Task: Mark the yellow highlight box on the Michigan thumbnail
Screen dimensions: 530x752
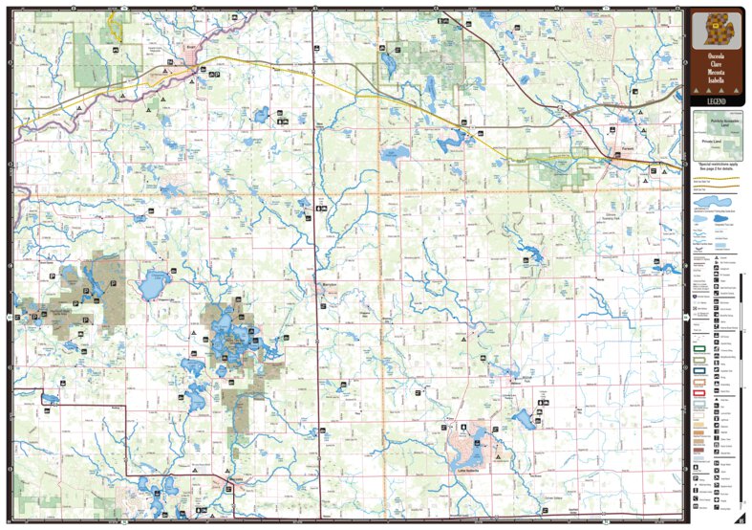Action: tap(713, 26)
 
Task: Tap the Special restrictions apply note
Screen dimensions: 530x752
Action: tap(716, 165)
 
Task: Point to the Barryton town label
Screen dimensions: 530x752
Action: tap(326, 284)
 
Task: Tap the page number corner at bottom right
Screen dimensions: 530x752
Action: tap(740, 519)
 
